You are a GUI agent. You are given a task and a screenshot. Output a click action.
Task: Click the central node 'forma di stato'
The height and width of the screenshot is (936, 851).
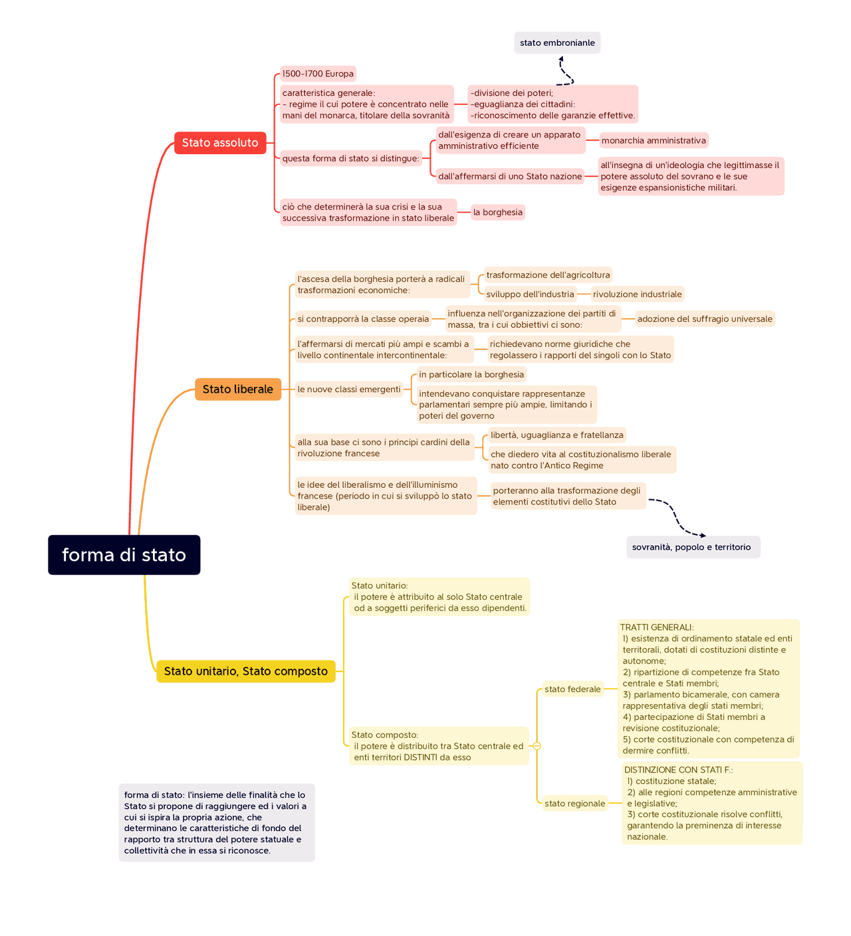coord(124,554)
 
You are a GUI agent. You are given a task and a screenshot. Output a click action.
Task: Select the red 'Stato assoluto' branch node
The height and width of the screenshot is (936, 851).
coord(220,143)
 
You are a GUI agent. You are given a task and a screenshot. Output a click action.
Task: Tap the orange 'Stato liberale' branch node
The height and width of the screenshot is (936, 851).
coord(238,390)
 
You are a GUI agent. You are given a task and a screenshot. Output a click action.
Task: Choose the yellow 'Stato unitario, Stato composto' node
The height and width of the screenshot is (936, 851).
coord(246,671)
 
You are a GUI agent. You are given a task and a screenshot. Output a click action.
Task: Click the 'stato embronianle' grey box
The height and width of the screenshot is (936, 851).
coord(557,43)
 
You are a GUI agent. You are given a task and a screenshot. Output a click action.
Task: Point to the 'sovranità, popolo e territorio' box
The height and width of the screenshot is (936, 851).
coord(691,547)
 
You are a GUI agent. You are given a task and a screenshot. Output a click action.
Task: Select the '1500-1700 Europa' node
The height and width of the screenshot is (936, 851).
coord(318,74)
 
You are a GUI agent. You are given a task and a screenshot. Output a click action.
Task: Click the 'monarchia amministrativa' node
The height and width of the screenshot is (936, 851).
coord(654,140)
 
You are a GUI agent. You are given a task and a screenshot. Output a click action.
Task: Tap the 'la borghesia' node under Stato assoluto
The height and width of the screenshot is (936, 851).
coord(498,212)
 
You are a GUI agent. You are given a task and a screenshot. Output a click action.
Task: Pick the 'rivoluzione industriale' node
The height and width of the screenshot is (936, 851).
coord(638,294)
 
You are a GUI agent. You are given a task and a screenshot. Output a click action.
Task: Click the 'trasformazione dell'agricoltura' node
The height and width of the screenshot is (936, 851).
coord(548,275)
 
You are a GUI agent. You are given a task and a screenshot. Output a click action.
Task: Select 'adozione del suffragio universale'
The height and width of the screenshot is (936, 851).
coord(705,319)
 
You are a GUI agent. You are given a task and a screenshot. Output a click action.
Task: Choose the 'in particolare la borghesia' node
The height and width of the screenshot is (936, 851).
coord(471,374)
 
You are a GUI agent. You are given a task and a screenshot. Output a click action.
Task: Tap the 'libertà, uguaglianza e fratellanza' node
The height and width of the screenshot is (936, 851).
coord(557,435)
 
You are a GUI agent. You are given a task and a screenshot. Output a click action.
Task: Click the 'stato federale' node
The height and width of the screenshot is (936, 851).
coord(572,689)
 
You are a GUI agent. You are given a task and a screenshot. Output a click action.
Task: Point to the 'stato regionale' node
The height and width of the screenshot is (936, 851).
coord(574,804)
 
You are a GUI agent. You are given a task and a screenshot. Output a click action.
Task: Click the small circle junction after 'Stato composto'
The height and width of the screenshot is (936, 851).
coord(537,746)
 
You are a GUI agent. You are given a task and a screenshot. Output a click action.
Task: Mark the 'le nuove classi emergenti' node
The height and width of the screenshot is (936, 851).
coord(349,390)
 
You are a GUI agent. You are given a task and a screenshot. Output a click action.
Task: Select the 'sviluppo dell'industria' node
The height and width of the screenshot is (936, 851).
coord(530,294)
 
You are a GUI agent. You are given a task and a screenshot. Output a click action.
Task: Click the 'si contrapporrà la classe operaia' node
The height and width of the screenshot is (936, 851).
coord(363,319)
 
